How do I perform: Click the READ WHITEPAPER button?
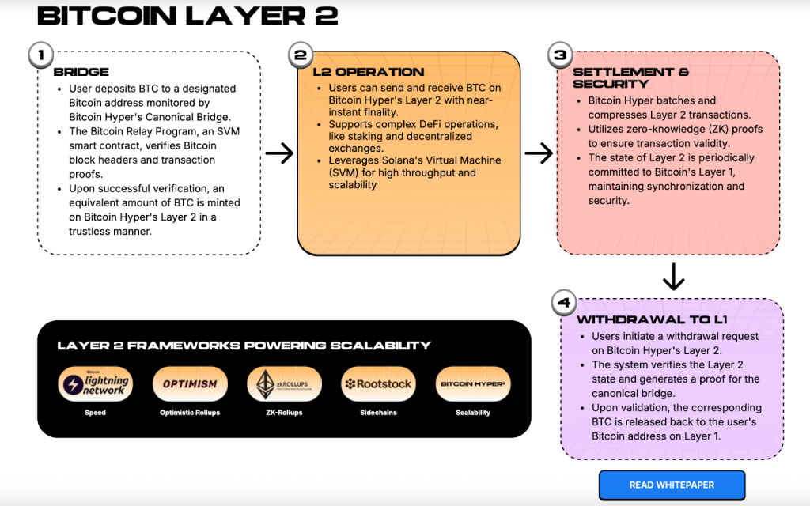(x=672, y=485)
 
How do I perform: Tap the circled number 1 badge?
(x=40, y=55)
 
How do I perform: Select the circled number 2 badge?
(x=300, y=55)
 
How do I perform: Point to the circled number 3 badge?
(x=560, y=55)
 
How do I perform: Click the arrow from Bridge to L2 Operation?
(x=279, y=153)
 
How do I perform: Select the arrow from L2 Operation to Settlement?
(x=539, y=153)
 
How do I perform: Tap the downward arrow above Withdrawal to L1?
(x=673, y=277)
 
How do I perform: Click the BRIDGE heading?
(x=81, y=72)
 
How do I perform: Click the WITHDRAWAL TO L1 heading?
(x=652, y=320)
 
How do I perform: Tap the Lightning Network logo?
(x=95, y=384)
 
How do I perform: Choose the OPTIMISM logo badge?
(x=190, y=384)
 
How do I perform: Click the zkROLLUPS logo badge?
(x=285, y=384)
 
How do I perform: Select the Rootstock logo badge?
(x=378, y=384)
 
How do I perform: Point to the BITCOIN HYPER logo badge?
(x=473, y=384)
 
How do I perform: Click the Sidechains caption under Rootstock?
(x=378, y=413)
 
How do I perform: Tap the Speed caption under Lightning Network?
(x=95, y=413)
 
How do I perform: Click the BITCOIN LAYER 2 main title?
(x=187, y=15)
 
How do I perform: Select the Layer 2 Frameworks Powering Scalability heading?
(x=244, y=346)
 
